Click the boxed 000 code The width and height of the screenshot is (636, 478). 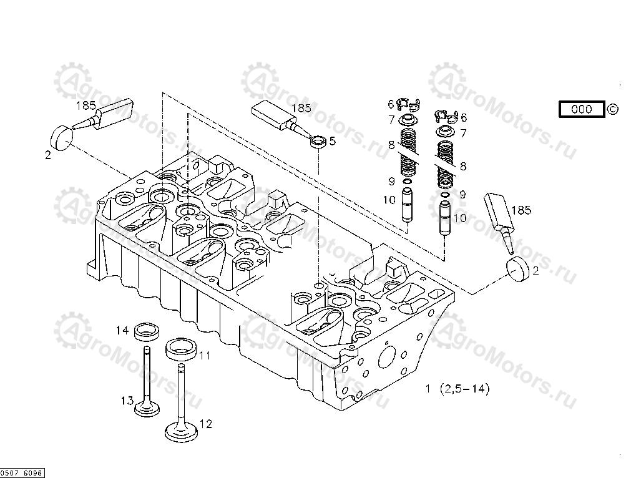[x=582, y=109]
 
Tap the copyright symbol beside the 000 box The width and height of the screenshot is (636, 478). [x=613, y=109]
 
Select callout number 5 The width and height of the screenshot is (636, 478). [x=332, y=141]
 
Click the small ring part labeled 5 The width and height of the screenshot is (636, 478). [x=318, y=141]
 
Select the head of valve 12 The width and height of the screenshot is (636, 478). [x=182, y=431]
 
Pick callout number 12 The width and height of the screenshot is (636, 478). [x=205, y=424]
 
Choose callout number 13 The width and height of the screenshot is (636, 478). [x=127, y=399]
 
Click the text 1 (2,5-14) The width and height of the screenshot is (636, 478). [x=457, y=389]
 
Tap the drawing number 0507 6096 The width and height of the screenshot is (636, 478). [x=22, y=473]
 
